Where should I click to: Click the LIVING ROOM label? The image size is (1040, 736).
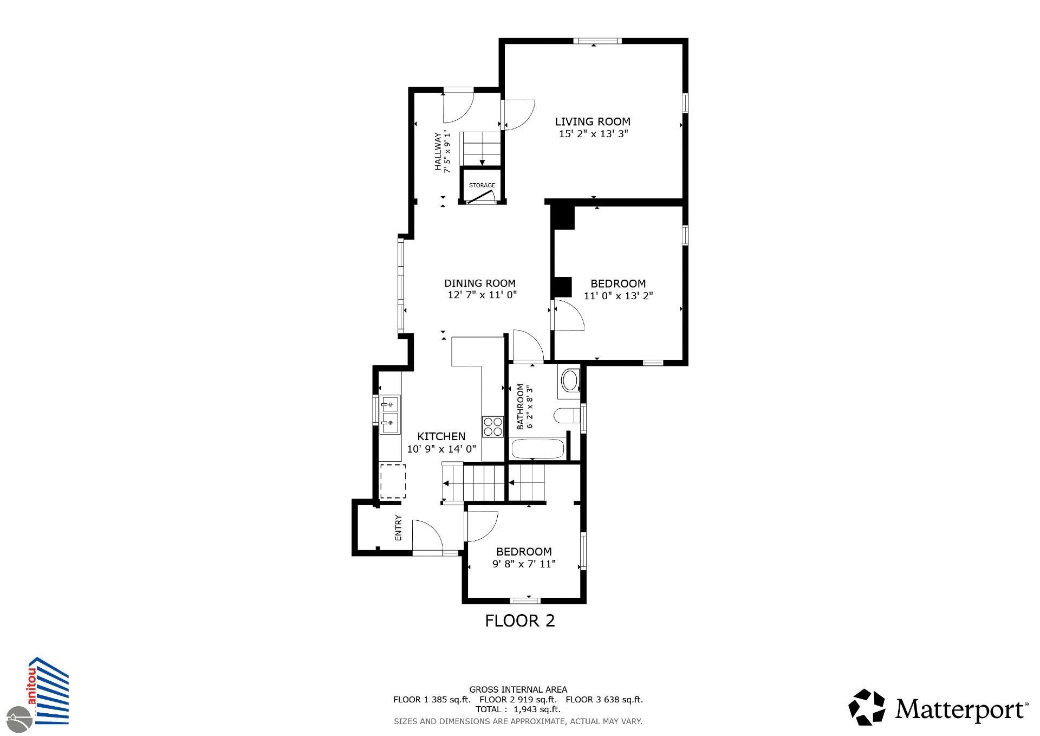[593, 121]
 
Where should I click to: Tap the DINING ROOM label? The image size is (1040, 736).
[479, 283]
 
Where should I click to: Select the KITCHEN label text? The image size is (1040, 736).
[441, 436]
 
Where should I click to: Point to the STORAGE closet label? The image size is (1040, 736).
[482, 185]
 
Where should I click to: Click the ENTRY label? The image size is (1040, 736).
[399, 527]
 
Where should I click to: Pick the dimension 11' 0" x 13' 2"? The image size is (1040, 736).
[618, 296]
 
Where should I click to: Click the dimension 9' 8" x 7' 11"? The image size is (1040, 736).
[524, 564]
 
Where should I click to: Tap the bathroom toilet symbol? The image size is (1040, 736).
[567, 416]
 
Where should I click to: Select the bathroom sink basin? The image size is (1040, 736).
[570, 381]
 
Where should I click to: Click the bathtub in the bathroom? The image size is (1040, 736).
[538, 449]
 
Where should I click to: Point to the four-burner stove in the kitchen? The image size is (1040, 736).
[492, 426]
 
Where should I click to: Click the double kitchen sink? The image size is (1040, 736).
[389, 415]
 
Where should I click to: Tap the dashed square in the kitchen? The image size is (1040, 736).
[393, 481]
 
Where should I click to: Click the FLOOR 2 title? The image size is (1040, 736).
[520, 621]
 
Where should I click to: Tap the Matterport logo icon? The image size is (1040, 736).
[866, 707]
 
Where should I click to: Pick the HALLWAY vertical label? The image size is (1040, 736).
[438, 152]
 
